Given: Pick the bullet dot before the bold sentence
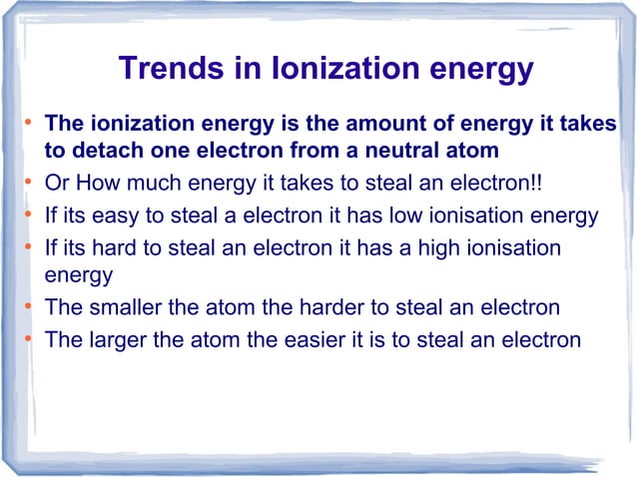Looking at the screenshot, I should tap(30, 124).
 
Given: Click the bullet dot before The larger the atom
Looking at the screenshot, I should tap(30, 339).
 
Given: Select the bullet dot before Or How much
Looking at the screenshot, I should tap(30, 184).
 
